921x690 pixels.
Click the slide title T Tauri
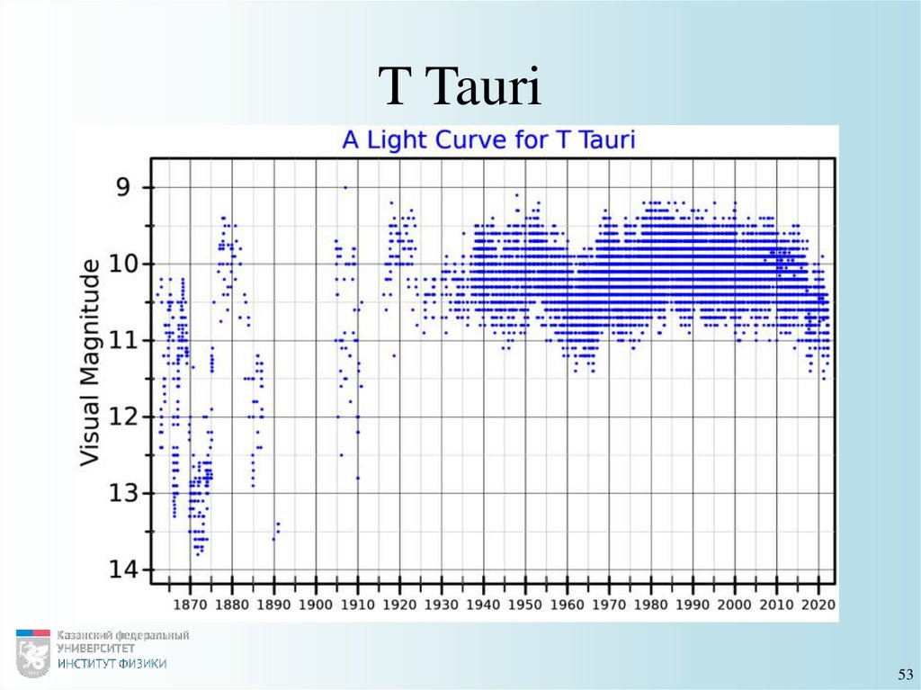[x=460, y=90]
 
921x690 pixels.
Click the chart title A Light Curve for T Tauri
[x=488, y=140]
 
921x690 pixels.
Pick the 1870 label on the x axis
[x=190, y=604]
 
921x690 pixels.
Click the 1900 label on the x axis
[x=316, y=604]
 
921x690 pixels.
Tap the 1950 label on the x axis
[x=525, y=604]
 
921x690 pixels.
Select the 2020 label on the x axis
[x=818, y=604]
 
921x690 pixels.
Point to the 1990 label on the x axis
[x=693, y=604]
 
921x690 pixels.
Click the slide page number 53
[x=905, y=675]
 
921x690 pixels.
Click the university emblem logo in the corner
[x=33, y=653]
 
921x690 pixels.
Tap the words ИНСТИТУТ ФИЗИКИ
[x=112, y=664]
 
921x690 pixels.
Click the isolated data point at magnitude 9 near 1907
[x=345, y=187]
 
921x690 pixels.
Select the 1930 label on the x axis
[x=442, y=604]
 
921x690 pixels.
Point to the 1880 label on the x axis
[x=232, y=604]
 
